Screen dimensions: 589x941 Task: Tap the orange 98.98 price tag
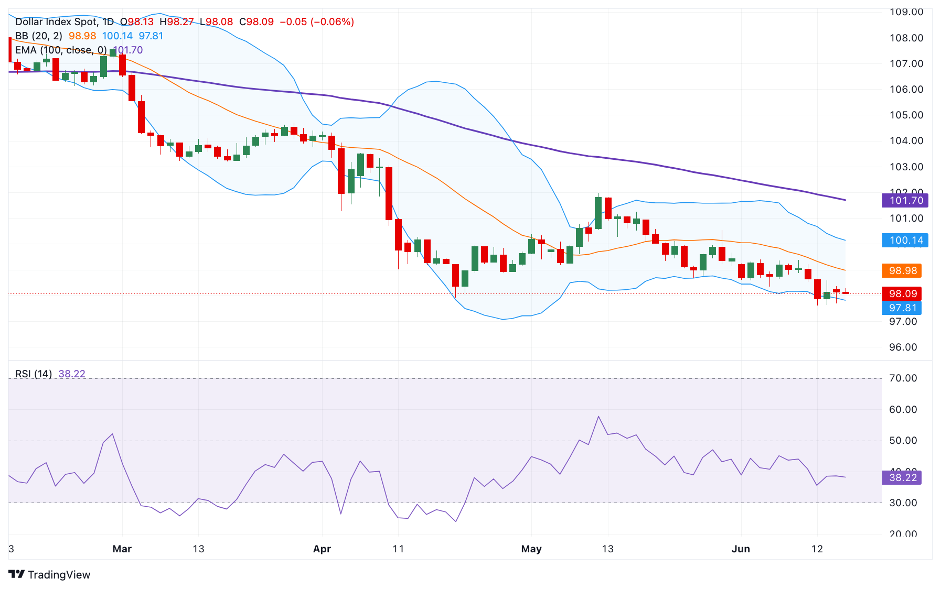tap(902, 270)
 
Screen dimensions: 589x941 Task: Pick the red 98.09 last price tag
tap(902, 293)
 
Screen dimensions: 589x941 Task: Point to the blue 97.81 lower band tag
tap(902, 308)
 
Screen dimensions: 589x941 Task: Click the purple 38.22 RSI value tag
tap(902, 477)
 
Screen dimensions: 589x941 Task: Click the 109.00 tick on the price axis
tap(906, 12)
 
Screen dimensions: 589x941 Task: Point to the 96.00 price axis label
tap(903, 347)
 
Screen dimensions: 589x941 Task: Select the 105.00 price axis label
tap(906, 115)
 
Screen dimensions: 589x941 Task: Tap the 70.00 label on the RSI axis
tap(903, 378)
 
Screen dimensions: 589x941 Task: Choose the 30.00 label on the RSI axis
tap(903, 503)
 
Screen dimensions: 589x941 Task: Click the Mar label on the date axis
tap(122, 549)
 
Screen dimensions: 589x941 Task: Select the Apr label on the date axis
tap(322, 549)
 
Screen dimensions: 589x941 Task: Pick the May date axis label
tap(531, 549)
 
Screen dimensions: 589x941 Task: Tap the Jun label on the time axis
tap(741, 549)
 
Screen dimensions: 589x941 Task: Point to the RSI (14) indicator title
tap(34, 374)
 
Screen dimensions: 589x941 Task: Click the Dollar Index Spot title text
tap(56, 21)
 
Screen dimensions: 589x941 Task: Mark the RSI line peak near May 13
tap(598, 417)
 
